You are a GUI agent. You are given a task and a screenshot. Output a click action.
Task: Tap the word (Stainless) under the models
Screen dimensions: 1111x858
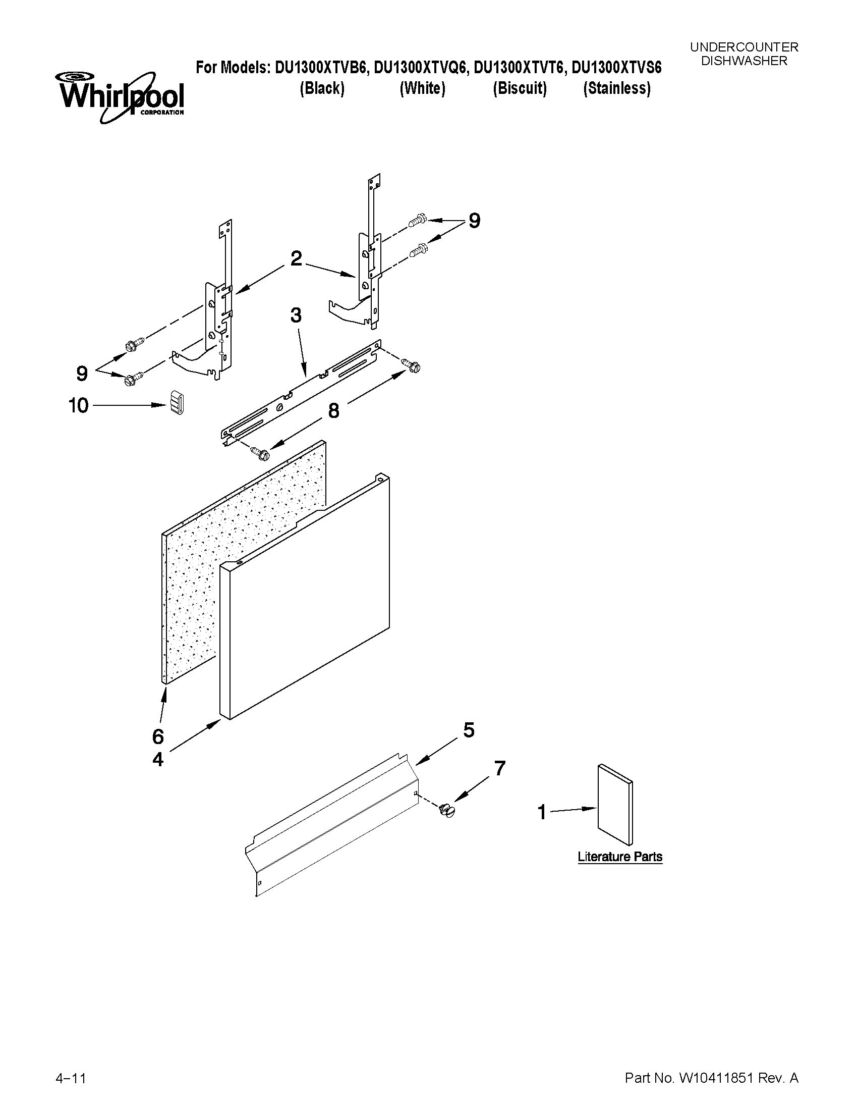tap(616, 88)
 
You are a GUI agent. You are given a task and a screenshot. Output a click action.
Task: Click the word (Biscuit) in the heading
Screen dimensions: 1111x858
tap(520, 88)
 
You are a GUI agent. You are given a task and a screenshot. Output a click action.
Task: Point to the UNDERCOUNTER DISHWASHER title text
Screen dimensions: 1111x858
tap(743, 54)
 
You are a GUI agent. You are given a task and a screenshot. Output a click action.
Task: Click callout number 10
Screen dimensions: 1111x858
tap(79, 405)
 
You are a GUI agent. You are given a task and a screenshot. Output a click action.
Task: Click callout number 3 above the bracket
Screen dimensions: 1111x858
tap(296, 315)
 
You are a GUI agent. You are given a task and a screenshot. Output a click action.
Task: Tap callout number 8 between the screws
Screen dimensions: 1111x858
tap(333, 410)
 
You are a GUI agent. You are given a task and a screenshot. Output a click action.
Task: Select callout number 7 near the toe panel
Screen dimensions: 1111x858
tap(500, 768)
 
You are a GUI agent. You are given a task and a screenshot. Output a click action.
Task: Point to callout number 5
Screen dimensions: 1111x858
tap(469, 730)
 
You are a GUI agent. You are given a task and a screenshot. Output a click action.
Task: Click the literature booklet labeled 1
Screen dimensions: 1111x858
tap(615, 804)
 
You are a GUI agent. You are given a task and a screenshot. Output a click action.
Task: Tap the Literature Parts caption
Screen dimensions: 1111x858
tap(619, 857)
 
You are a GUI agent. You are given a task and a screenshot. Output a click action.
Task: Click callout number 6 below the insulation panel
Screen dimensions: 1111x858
tap(158, 736)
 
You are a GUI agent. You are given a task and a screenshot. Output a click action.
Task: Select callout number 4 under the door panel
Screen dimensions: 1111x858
tap(158, 760)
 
